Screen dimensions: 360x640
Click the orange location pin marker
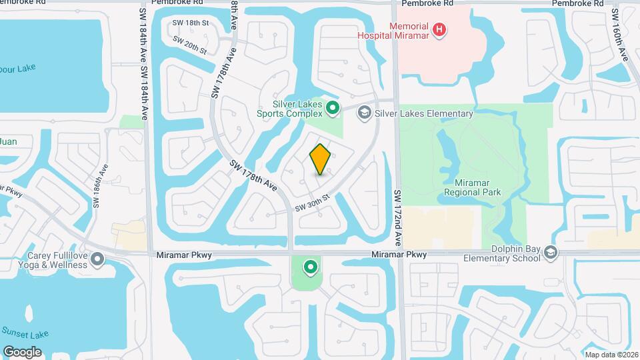[321, 159]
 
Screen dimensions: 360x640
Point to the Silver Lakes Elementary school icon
[364, 113]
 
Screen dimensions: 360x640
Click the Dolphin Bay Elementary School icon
[551, 253]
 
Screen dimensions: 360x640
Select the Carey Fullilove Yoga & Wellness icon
[98, 258]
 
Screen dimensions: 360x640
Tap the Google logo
[22, 351]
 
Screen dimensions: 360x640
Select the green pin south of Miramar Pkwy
[310, 268]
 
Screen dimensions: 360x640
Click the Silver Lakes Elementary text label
[423, 113]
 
